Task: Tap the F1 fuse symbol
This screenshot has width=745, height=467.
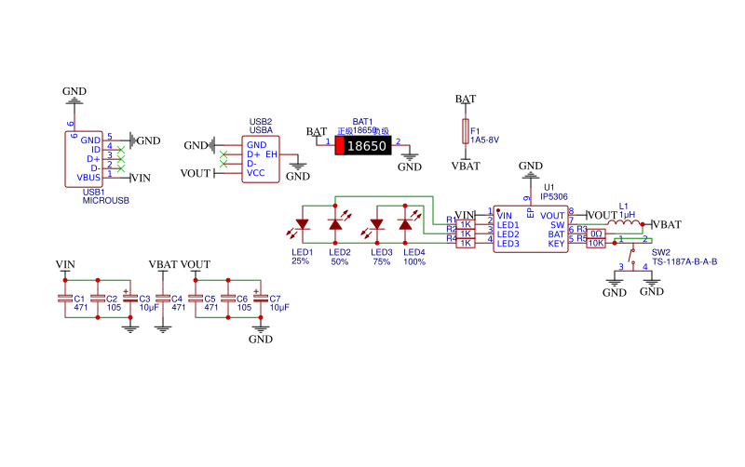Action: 466,131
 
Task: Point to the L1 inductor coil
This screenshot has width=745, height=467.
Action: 624,223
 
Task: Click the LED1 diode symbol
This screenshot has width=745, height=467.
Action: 302,224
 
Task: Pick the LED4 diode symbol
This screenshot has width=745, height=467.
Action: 404,224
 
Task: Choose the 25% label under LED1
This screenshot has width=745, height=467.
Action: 300,261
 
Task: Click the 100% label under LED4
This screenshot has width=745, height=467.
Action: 414,261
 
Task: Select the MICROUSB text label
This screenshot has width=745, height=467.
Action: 105,200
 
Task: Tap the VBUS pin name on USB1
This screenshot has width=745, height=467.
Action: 88,177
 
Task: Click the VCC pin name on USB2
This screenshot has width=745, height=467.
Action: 255,173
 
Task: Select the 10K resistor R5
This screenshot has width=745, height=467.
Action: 596,244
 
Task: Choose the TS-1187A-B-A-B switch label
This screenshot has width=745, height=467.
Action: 684,262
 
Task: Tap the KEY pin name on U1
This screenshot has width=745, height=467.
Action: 556,244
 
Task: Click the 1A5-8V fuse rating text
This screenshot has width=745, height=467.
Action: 485,140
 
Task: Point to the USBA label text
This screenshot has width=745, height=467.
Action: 261,131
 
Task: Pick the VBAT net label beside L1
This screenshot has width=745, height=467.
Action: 668,224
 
